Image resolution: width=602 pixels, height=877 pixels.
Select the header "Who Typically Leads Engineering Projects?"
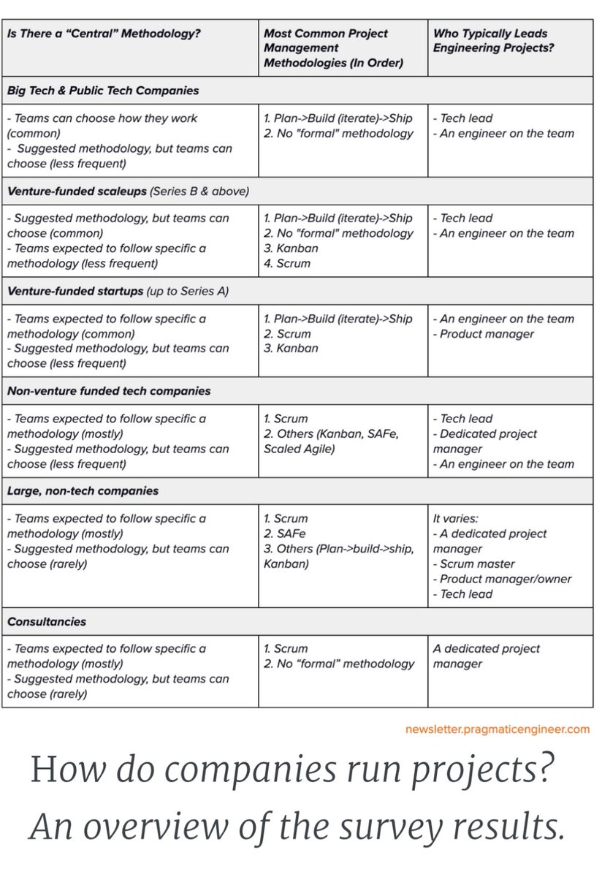[x=490, y=41]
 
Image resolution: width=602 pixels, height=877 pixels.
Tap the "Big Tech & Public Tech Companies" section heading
[x=103, y=91]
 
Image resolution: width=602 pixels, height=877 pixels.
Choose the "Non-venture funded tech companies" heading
[x=109, y=391]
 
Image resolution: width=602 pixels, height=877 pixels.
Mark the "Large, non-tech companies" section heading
[x=83, y=491]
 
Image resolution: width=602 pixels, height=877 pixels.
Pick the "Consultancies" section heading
[x=47, y=622]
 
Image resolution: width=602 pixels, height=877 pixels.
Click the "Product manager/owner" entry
[x=506, y=579]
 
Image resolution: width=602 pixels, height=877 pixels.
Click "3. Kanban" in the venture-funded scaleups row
[x=291, y=248]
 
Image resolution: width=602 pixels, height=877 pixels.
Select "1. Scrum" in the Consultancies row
[x=286, y=648]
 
